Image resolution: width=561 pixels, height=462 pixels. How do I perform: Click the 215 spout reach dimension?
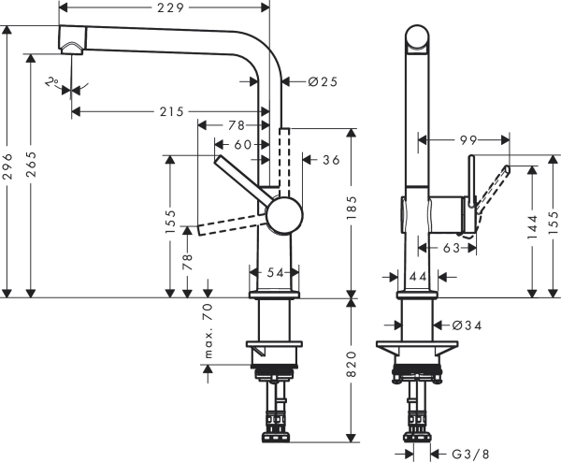tap(171, 111)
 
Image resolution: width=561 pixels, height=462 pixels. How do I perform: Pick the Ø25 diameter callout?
tap(323, 81)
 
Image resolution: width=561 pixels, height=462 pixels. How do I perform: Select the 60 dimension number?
tap(242, 144)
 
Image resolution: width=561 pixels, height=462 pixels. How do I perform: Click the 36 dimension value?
tap(330, 159)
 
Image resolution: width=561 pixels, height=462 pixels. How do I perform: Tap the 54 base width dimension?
tap(275, 272)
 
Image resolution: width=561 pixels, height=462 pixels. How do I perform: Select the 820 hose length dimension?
tap(352, 368)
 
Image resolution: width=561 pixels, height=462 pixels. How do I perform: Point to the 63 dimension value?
tap(451, 249)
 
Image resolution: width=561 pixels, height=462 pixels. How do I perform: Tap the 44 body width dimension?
tap(417, 276)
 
